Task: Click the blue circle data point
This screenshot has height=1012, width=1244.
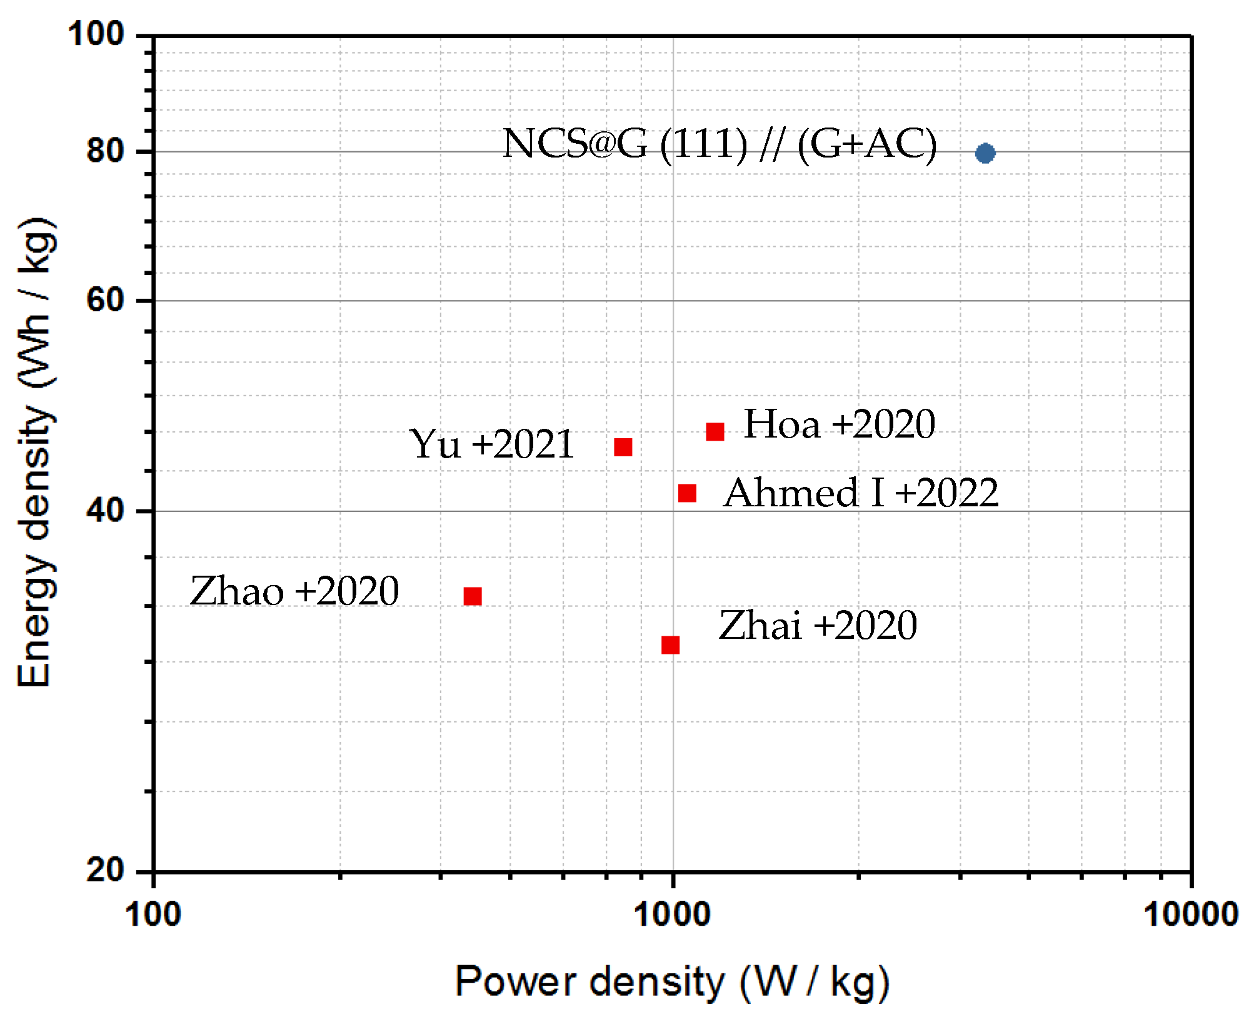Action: click(985, 153)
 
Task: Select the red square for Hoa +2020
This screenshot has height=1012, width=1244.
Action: click(715, 431)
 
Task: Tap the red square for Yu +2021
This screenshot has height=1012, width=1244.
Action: click(623, 447)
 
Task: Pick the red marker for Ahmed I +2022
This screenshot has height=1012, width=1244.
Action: click(687, 493)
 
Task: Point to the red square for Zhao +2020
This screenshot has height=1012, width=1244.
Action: click(473, 596)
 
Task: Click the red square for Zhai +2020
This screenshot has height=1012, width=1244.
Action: click(670, 644)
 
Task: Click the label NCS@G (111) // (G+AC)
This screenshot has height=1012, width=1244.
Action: click(719, 144)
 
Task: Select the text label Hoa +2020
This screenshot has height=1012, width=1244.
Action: click(839, 424)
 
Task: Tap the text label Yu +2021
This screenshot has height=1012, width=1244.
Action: click(491, 444)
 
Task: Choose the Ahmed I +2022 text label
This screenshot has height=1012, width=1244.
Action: click(860, 493)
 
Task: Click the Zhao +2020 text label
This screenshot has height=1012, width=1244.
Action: click(294, 591)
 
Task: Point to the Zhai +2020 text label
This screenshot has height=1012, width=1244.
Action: click(818, 625)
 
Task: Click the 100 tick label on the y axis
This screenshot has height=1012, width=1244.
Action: click(96, 34)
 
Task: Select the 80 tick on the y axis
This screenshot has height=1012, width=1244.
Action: click(105, 151)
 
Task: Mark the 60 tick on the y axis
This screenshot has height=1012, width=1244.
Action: click(105, 300)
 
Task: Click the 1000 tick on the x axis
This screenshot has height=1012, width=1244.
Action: click(672, 914)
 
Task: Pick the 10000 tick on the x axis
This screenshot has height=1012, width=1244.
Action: click(1190, 914)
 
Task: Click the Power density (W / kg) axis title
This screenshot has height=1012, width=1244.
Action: click(672, 981)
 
